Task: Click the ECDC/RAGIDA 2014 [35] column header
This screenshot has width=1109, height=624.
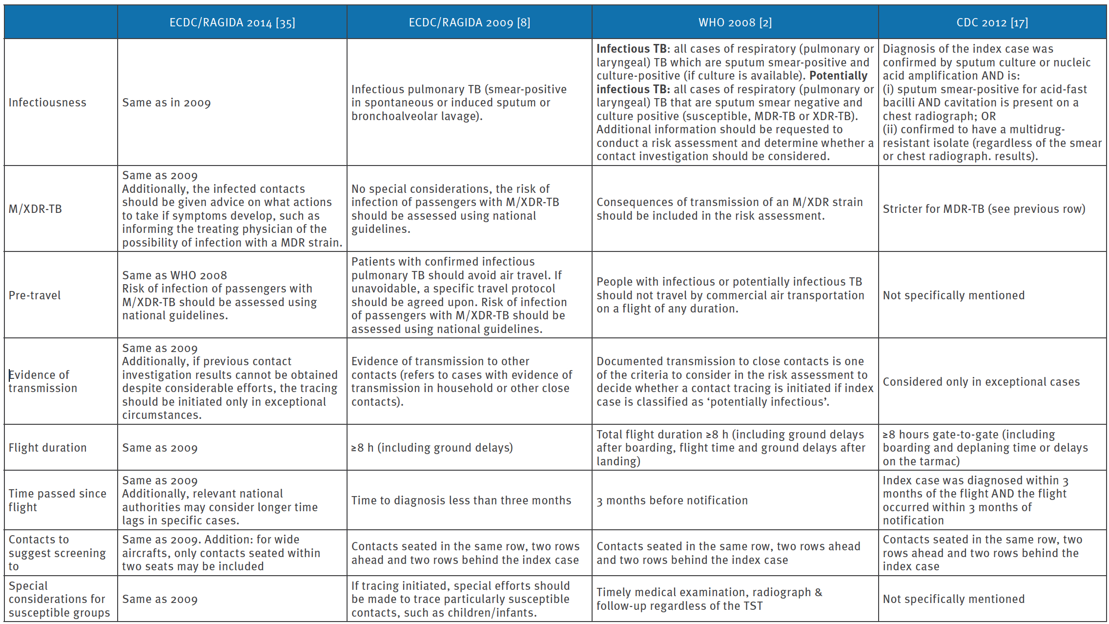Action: coord(232,22)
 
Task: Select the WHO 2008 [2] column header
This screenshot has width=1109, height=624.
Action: coord(735,22)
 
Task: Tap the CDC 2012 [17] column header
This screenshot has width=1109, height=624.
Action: coord(992,22)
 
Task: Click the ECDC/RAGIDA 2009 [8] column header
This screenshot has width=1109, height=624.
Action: coord(469,22)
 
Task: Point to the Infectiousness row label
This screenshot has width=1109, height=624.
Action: coord(47,103)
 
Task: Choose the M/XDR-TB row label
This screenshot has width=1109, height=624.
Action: coord(35,209)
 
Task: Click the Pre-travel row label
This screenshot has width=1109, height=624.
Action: coord(35,295)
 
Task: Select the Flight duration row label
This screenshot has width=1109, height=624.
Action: coord(47,448)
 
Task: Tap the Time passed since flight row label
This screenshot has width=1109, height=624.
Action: coord(57,500)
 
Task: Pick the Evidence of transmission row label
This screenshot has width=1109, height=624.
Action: coord(43,381)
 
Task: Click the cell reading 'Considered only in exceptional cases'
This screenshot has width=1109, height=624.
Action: coord(981,382)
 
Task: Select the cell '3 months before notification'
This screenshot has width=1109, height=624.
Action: coord(672,500)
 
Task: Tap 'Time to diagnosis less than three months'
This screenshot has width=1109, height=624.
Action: coord(461,500)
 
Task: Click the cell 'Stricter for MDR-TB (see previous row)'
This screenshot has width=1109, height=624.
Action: coord(984,209)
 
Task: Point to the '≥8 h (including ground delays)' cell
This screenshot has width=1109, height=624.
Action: coord(432,448)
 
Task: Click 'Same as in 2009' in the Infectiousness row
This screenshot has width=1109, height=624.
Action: coord(166,103)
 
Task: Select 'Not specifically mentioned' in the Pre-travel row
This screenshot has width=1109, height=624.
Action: coord(953,295)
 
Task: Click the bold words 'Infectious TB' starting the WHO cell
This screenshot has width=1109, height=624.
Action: coord(631,49)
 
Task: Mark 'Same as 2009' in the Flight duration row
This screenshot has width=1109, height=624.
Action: coord(160,448)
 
